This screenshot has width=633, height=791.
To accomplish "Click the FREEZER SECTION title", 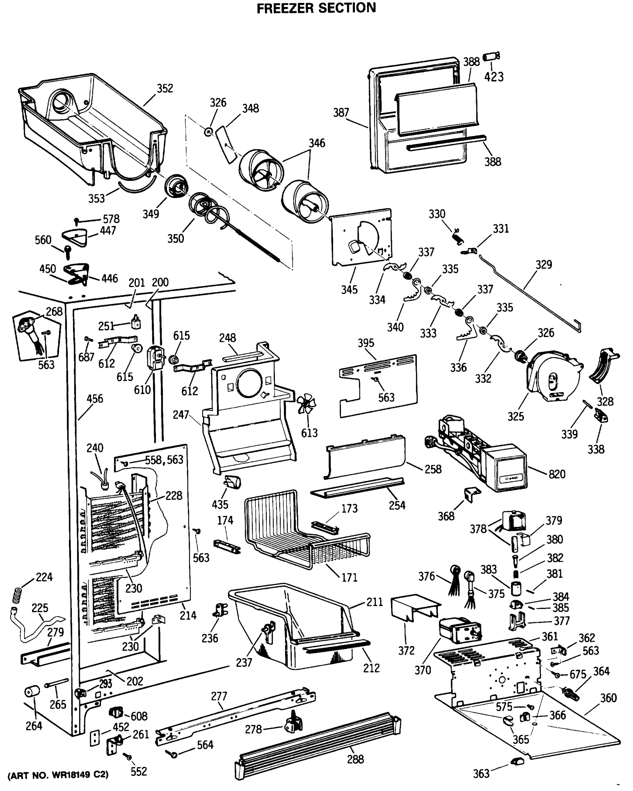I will coord(316,8).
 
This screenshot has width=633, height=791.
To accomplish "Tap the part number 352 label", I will coord(165,88).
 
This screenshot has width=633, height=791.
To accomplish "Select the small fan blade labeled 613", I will coord(306,403).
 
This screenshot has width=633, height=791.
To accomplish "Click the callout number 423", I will coord(494,77).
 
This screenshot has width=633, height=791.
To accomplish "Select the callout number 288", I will coord(355,759).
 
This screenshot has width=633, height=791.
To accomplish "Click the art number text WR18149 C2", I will coord(58,775).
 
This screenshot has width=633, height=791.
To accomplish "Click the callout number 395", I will coord(366,343).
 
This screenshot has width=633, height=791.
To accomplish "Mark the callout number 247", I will coord(181,415).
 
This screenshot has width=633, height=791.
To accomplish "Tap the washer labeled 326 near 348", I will coord(208,132).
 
